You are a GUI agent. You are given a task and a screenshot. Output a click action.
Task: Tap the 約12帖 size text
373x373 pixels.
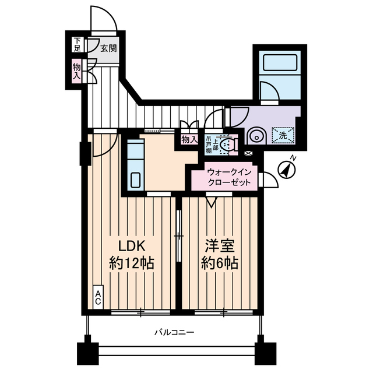[x=132, y=263]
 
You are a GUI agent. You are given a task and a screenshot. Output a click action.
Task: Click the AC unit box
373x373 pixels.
[x=99, y=297]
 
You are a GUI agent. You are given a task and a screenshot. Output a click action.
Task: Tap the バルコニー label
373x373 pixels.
[x=174, y=333]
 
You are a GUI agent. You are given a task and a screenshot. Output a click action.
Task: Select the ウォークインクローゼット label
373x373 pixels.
[x=230, y=177]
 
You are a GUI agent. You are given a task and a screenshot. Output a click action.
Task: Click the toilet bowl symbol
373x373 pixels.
[x=230, y=143]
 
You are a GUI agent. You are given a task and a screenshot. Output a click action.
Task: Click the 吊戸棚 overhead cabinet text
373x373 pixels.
[x=209, y=144]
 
